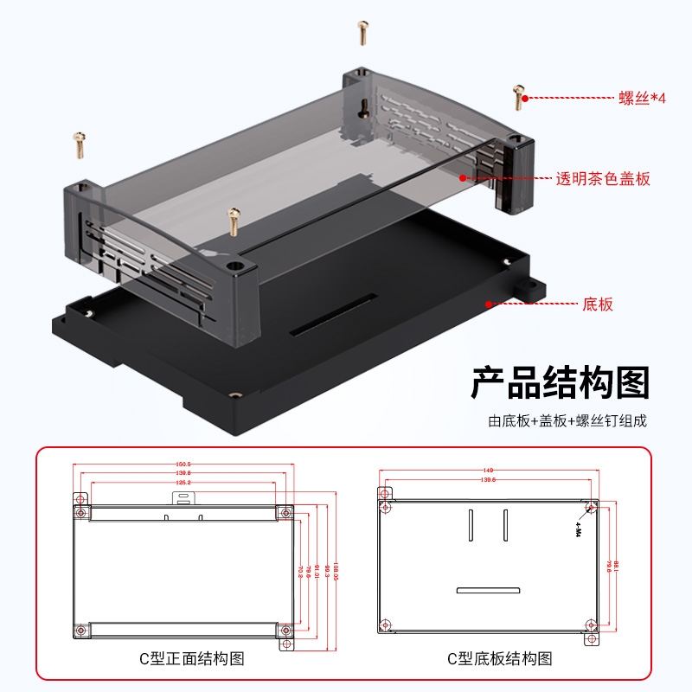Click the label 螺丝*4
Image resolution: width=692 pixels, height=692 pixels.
point(643,98)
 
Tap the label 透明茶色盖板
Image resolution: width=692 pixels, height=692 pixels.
point(602,179)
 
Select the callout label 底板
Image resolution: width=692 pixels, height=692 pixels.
point(598,304)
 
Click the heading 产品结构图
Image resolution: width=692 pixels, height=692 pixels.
point(560,381)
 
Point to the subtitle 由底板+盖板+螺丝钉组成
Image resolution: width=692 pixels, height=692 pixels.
point(567,421)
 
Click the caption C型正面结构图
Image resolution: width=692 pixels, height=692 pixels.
point(192,658)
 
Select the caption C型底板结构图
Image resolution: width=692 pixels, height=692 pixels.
point(499,658)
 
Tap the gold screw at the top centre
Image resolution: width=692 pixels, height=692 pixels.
point(362,33)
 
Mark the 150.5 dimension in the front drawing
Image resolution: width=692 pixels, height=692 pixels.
point(183,465)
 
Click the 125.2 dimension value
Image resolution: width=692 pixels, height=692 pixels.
point(183,482)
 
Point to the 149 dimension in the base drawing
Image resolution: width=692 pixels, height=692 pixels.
point(489,471)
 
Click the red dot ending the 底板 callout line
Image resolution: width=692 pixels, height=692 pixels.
point(489,304)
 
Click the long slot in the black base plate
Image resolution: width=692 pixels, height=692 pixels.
point(333,314)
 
